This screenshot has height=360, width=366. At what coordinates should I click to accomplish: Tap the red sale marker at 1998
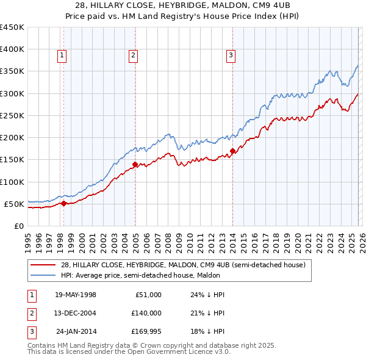(x=63, y=203)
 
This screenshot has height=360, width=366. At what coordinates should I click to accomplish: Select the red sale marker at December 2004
(x=135, y=164)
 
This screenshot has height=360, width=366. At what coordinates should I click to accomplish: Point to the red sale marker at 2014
(x=232, y=151)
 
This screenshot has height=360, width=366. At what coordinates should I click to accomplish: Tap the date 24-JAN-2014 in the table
(x=76, y=330)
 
